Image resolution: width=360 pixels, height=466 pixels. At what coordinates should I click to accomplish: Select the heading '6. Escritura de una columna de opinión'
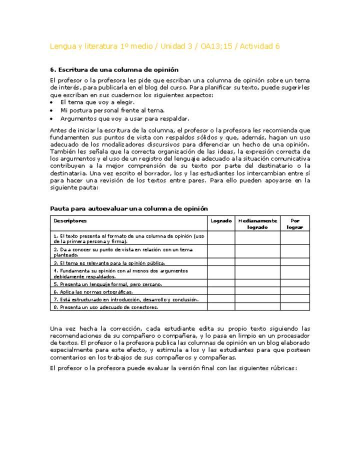[114, 69]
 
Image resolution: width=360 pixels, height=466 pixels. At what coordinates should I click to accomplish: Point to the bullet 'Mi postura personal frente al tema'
[112, 110]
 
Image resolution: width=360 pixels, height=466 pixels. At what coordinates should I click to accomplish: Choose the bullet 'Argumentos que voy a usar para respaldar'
[124, 118]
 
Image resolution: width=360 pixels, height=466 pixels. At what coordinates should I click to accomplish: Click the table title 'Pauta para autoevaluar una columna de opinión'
[129, 208]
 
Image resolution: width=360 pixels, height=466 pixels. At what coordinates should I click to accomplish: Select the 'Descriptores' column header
[70, 220]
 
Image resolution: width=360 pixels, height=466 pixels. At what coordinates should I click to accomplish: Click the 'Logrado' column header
[221, 220]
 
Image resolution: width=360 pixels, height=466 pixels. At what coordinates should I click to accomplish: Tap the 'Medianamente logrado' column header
[257, 223]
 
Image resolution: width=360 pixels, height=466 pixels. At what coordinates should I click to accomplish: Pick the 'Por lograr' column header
[294, 223]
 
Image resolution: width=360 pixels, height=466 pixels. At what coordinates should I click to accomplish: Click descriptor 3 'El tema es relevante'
[109, 262]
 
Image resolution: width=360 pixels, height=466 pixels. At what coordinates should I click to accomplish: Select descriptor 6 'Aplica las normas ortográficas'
[93, 291]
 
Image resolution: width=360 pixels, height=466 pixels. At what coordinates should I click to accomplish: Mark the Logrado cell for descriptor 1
[221, 237]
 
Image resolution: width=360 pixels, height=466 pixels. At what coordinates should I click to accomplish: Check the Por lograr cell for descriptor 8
[294, 306]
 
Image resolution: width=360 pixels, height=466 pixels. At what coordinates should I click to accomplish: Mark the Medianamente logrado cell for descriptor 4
[257, 273]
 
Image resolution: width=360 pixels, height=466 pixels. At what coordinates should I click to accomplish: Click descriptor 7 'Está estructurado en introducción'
[126, 299]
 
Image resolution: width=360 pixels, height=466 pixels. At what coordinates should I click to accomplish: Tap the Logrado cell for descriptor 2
[221, 251]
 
